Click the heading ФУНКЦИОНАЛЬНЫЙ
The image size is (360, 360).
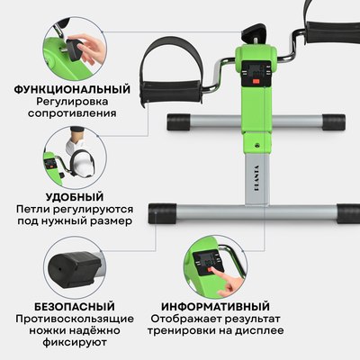point(71,89)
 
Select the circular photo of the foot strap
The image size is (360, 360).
point(71,152)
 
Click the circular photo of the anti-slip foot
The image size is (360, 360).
point(71,262)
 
